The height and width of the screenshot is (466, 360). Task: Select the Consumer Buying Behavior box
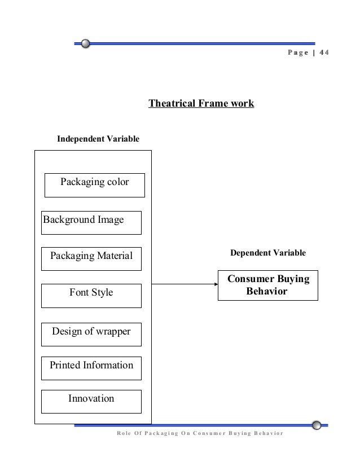click(x=268, y=285)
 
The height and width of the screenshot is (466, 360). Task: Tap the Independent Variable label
click(x=98, y=139)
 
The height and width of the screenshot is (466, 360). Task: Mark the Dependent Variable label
click(x=268, y=253)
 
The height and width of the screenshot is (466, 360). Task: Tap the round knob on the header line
click(x=85, y=43)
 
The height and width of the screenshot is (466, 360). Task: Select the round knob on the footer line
click(x=318, y=425)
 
